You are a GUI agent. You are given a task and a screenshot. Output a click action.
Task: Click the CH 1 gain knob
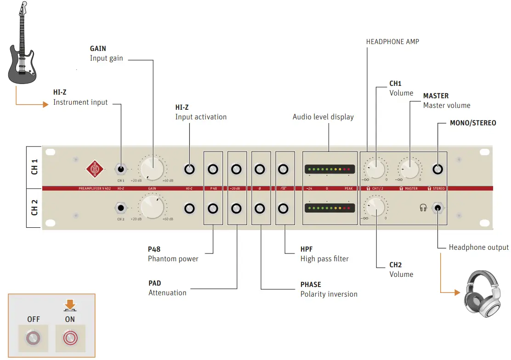(x=152, y=169)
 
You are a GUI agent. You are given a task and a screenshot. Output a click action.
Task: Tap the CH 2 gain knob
(x=152, y=207)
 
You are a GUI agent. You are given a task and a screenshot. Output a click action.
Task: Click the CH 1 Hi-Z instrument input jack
(x=121, y=169)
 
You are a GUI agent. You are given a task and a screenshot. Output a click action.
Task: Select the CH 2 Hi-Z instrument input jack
(x=121, y=208)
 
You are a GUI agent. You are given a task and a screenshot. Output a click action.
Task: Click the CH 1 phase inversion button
(x=260, y=169)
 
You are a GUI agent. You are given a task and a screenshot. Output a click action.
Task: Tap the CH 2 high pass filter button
(x=284, y=208)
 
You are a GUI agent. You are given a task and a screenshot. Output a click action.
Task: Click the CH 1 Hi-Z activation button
(x=189, y=169)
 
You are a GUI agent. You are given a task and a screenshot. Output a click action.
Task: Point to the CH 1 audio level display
(x=329, y=169)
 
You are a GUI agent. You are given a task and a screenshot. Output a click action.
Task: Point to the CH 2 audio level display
(x=329, y=208)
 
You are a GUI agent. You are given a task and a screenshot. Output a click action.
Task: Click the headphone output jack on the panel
(x=438, y=208)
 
